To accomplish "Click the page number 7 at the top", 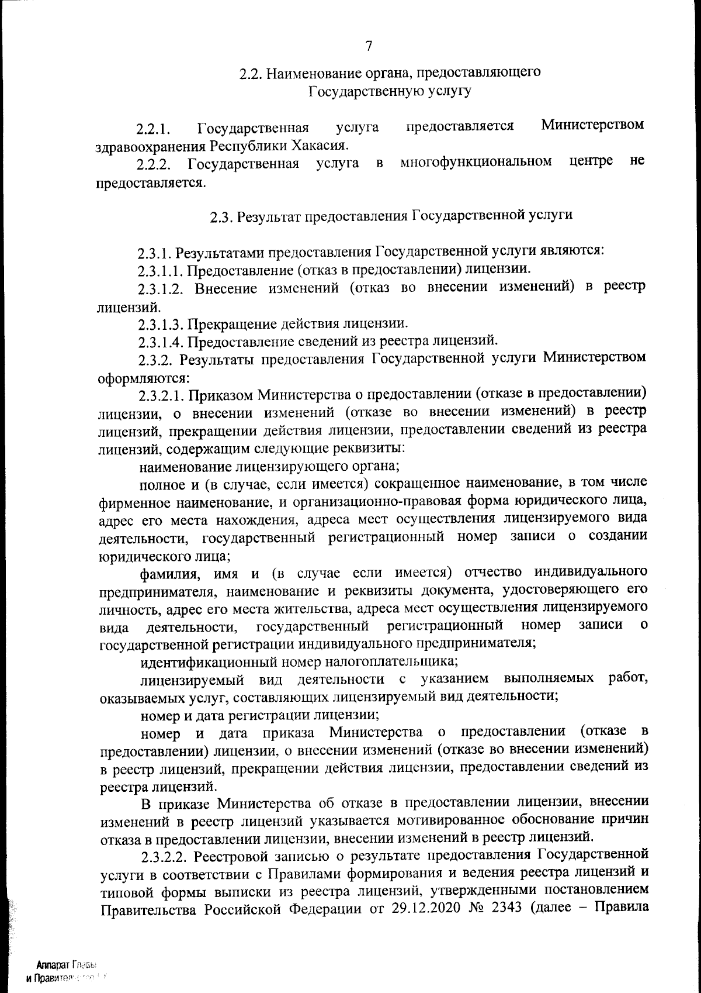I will [x=369, y=46].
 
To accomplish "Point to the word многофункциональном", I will [x=476, y=161].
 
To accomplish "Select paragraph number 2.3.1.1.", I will [x=161, y=270].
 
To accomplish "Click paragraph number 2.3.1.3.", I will [x=161, y=323].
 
